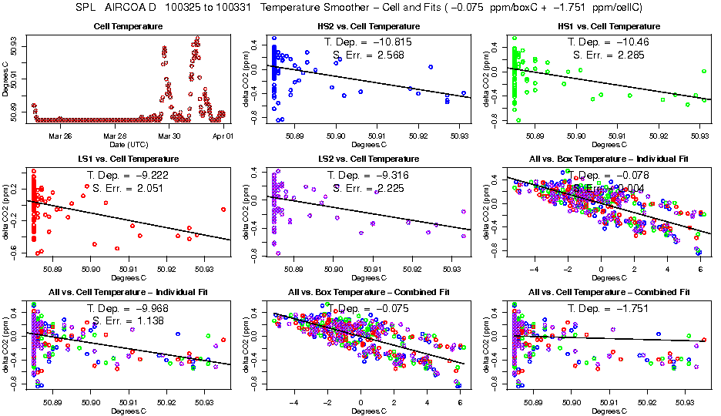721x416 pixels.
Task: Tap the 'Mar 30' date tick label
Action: click(169, 135)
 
